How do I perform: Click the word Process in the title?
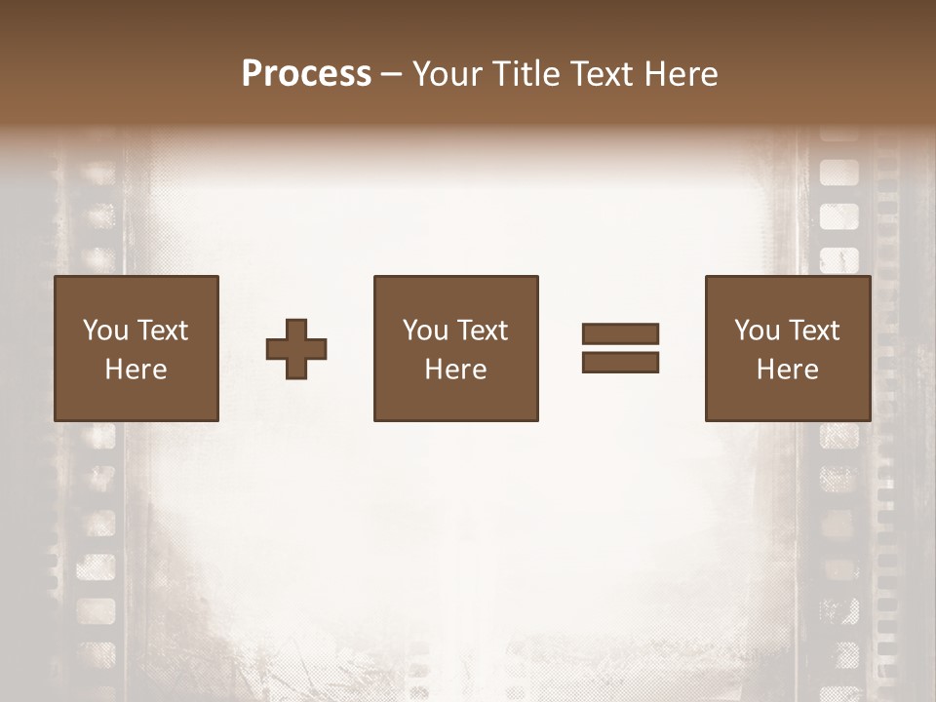[x=306, y=74]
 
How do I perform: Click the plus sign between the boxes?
[x=296, y=348]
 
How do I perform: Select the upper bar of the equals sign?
[x=620, y=333]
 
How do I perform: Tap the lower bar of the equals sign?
[x=620, y=362]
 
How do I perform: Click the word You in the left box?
[x=105, y=331]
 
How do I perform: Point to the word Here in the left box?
[x=136, y=370]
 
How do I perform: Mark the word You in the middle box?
[x=425, y=331]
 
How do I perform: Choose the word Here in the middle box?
[x=455, y=370]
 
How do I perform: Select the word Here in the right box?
[x=787, y=370]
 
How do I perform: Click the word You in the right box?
[x=757, y=331]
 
